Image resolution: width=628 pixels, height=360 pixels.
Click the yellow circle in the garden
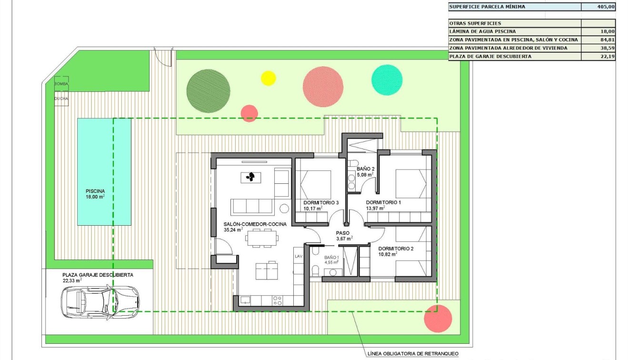click(269, 78)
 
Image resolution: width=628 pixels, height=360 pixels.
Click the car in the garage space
click(100, 301)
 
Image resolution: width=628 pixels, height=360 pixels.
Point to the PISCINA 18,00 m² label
click(95, 193)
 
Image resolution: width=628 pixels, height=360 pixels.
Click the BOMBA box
click(61, 83)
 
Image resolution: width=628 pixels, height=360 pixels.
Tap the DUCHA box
click(61, 99)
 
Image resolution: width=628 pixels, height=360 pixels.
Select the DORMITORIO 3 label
click(321, 203)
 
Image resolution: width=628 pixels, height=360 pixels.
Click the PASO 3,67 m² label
click(343, 236)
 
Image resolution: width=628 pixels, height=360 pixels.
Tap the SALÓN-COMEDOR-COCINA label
click(255, 224)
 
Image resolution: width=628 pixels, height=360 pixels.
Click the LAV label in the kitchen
click(299, 256)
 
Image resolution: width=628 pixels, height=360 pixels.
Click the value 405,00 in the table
click(606, 7)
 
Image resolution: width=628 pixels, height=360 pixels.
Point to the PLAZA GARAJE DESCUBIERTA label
click(98, 275)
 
